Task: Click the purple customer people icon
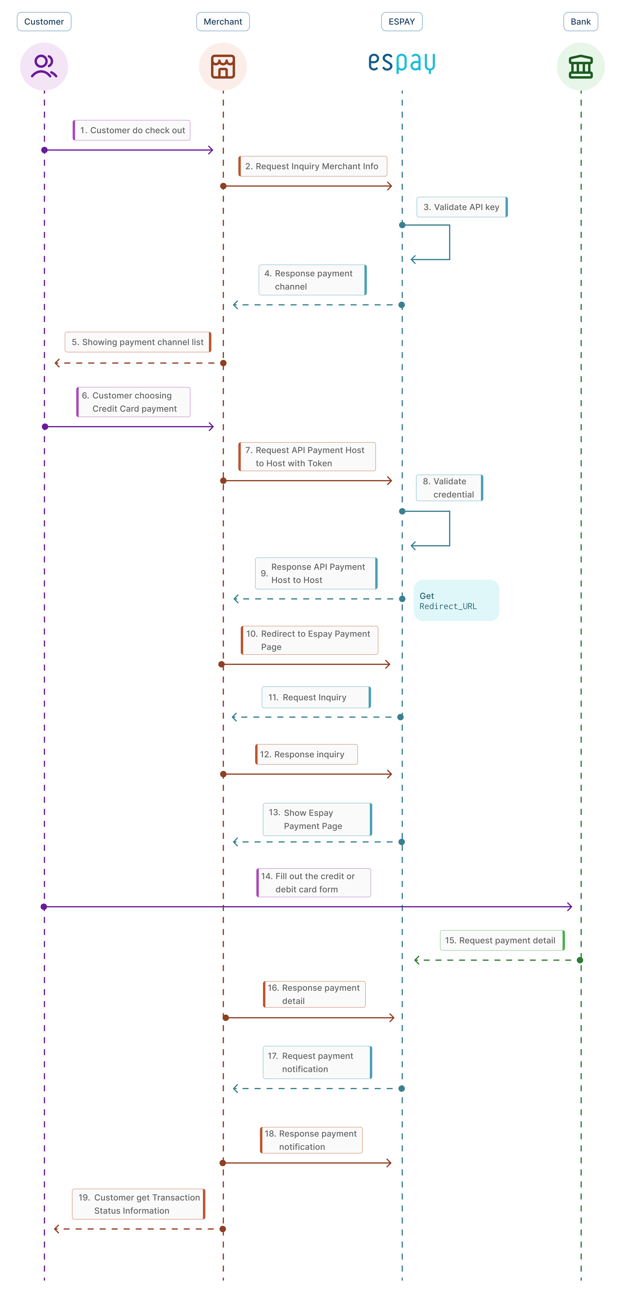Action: [44, 66]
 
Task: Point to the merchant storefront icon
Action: [223, 66]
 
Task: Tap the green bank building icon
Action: [581, 66]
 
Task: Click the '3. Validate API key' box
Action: [462, 207]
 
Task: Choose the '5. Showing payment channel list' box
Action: [138, 342]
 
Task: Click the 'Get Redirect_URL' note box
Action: [456, 600]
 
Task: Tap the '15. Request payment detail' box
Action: [502, 940]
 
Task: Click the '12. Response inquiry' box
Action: [306, 754]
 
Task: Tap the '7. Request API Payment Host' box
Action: [307, 457]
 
